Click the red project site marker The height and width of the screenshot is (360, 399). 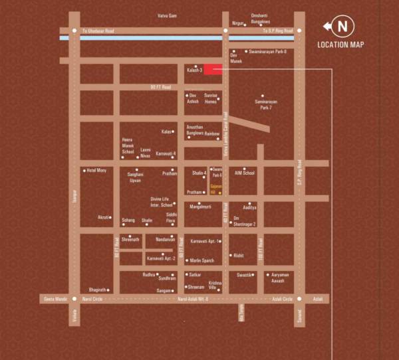(x=212, y=69)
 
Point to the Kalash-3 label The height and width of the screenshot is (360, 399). (x=194, y=70)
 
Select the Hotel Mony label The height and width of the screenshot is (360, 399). (x=96, y=171)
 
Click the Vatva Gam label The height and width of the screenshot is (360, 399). (x=167, y=15)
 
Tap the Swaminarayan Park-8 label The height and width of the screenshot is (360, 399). (x=268, y=51)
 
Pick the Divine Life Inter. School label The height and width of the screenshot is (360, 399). (x=162, y=202)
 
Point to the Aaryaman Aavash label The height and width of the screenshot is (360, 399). (x=278, y=277)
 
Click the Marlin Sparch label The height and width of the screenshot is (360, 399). (x=202, y=260)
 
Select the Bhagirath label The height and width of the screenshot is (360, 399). (x=98, y=290)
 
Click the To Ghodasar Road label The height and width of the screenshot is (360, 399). (x=98, y=31)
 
